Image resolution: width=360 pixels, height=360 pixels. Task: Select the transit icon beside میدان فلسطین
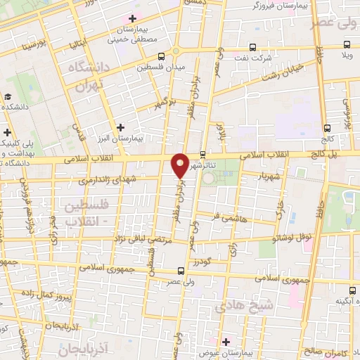(x=162, y=56)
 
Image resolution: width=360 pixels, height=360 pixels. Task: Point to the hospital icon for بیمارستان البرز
(x=122, y=127)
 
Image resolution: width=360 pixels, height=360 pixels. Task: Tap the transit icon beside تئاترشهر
(x=202, y=155)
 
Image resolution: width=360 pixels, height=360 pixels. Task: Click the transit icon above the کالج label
(x=327, y=128)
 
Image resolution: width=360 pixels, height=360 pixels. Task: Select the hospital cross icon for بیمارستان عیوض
(x=224, y=342)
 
